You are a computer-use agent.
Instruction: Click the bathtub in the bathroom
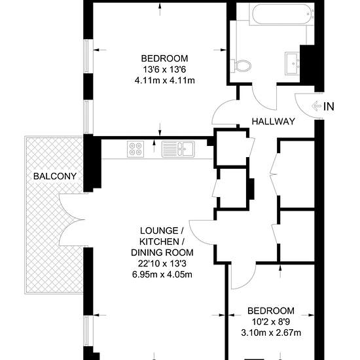(281, 14)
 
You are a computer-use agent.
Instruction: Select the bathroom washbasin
(293, 63)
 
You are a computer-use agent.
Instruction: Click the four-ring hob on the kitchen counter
(135, 149)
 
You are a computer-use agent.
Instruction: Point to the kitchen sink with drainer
(178, 149)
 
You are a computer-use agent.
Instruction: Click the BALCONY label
(55, 176)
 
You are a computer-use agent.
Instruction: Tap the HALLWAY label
(273, 122)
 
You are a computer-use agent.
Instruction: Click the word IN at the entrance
(329, 107)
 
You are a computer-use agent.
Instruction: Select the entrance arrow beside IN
(317, 106)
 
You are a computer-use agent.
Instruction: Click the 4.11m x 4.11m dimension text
(164, 81)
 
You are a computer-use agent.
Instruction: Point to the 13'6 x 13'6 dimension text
(164, 69)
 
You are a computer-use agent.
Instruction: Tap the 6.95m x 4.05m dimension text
(162, 274)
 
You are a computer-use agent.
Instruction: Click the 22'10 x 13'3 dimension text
(162, 264)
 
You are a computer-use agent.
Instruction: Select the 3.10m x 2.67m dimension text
(271, 333)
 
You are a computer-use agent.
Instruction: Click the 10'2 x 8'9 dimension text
(271, 321)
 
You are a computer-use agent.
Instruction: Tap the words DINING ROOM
(162, 253)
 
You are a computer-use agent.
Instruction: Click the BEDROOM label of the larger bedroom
(164, 58)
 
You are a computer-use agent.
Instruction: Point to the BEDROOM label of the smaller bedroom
(271, 311)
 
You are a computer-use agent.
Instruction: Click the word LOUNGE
(159, 230)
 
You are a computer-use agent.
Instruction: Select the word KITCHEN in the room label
(159, 242)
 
